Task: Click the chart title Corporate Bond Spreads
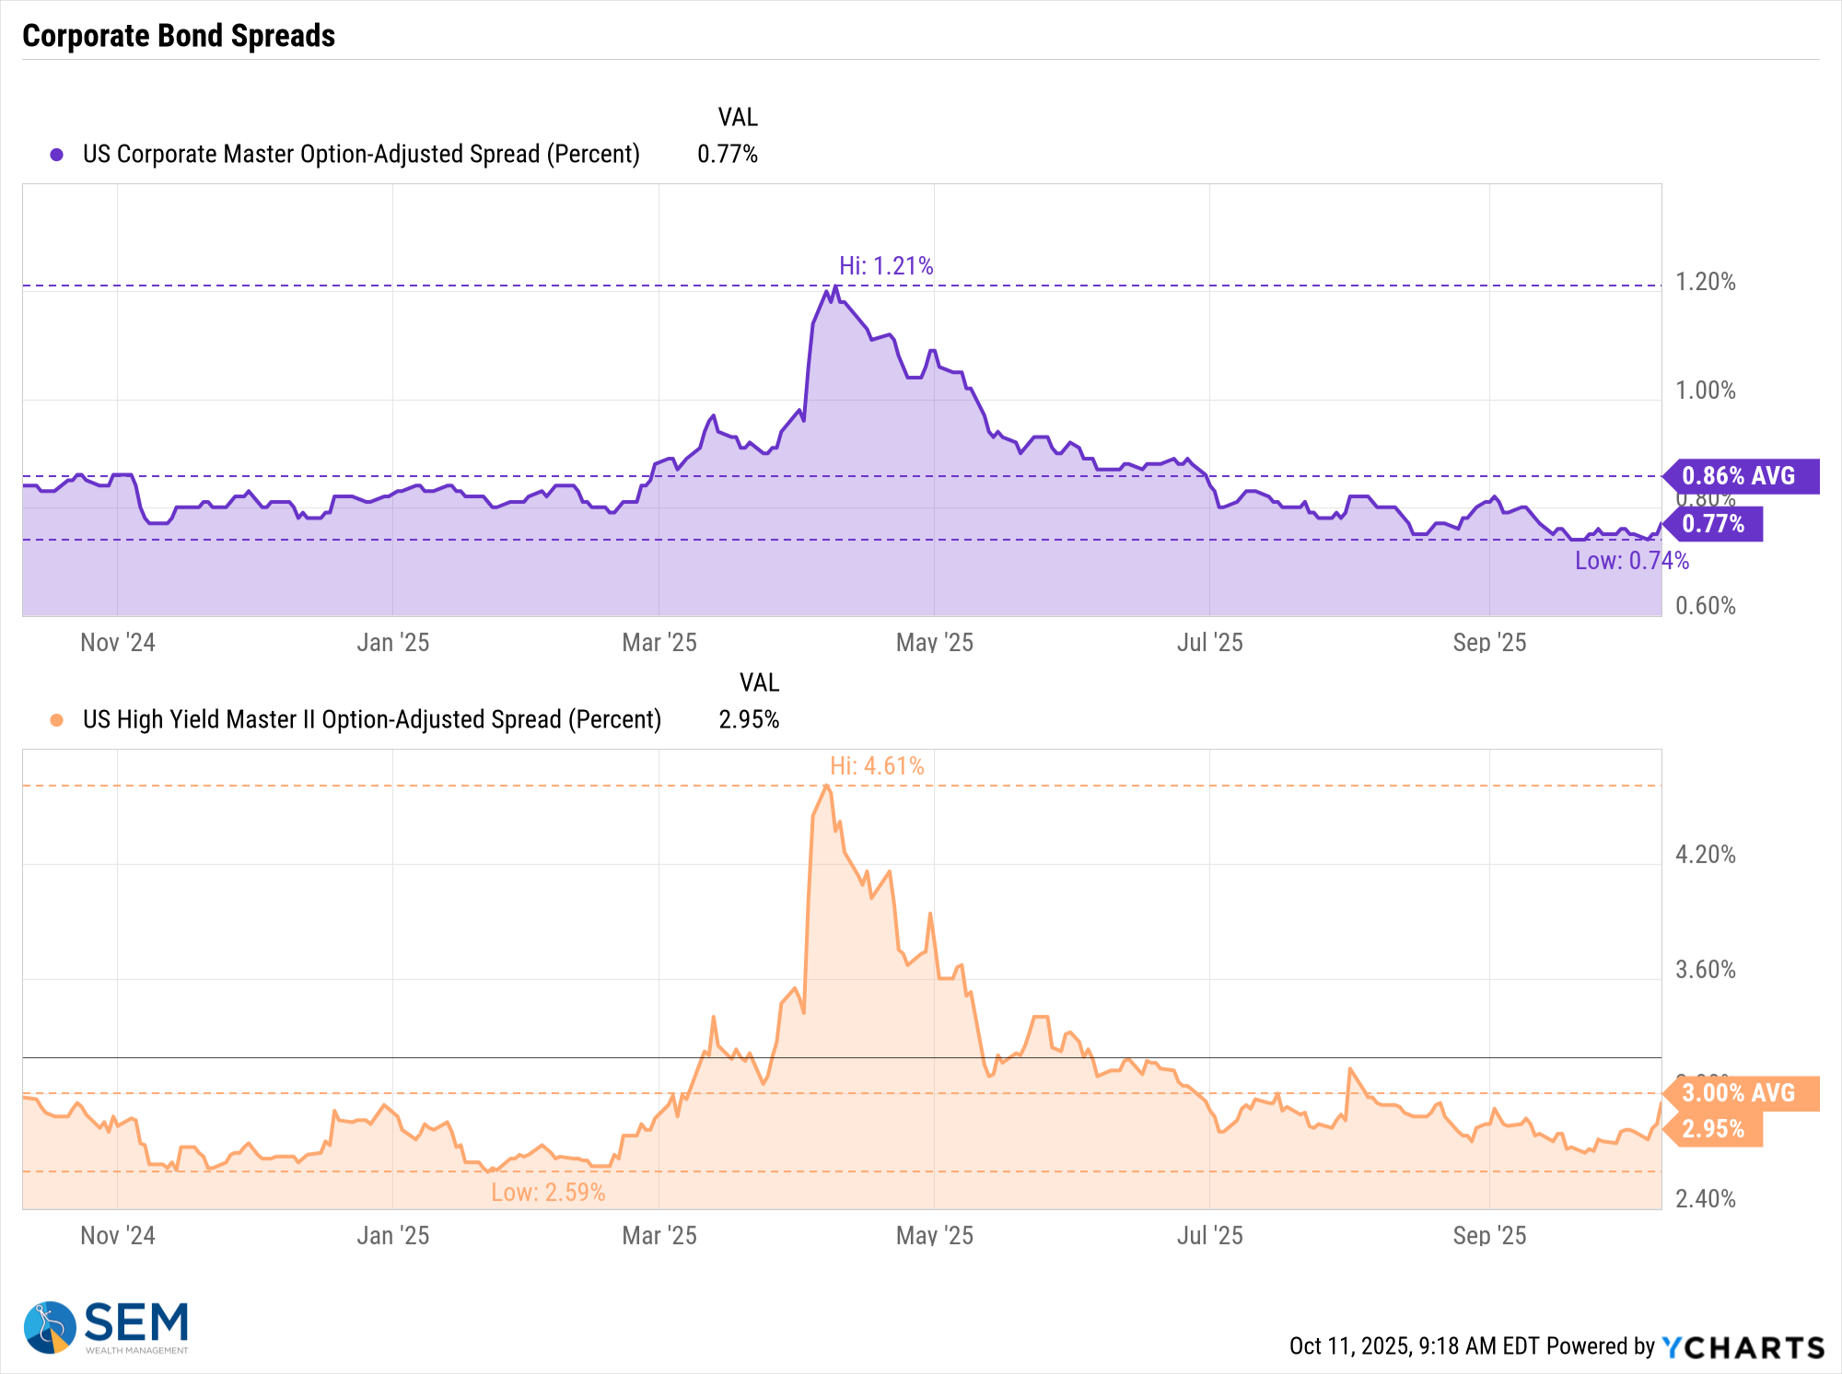(x=179, y=36)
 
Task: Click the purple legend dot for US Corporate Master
(x=57, y=155)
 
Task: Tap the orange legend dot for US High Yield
(x=57, y=720)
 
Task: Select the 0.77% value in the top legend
(x=727, y=155)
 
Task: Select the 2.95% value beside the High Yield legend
(x=749, y=720)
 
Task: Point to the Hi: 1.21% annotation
(x=886, y=266)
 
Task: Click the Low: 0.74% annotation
(x=1631, y=561)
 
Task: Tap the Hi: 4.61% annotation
(x=877, y=766)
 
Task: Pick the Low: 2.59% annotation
(x=548, y=1193)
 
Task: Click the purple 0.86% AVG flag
(x=1739, y=476)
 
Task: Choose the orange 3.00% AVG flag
(x=1739, y=1093)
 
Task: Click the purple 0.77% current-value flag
(x=1713, y=524)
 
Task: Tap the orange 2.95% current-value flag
(x=1713, y=1129)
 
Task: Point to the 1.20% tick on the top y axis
(x=1705, y=282)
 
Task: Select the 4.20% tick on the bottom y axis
(x=1705, y=855)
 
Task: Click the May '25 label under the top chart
(x=934, y=643)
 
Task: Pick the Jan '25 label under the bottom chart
(x=393, y=1236)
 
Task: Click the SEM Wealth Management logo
(x=106, y=1327)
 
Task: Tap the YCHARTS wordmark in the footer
(x=1743, y=1347)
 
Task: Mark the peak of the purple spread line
(x=835, y=286)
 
